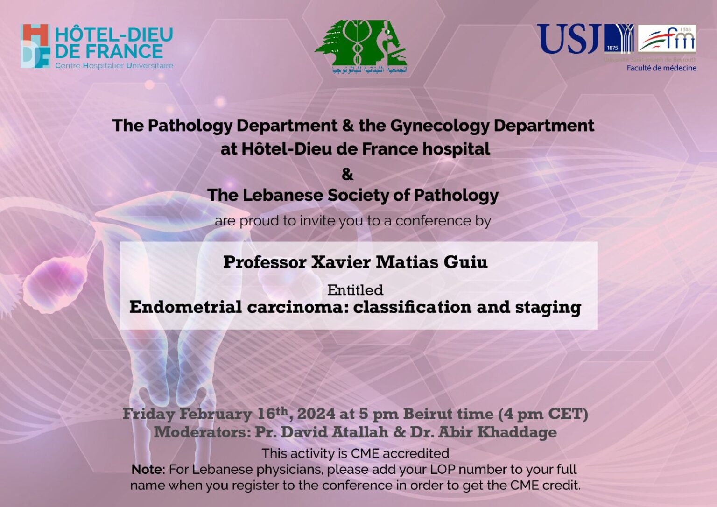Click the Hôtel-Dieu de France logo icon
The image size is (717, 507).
tap(35, 46)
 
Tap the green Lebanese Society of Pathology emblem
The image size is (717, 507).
tap(360, 42)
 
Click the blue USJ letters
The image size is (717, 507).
tap(568, 39)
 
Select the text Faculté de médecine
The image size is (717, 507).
tap(661, 68)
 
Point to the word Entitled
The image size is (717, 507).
tap(355, 290)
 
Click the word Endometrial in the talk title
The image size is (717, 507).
tap(185, 307)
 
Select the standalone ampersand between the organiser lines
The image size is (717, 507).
tap(347, 174)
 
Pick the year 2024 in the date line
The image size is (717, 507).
tap(316, 414)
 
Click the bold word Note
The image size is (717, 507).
tap(148, 469)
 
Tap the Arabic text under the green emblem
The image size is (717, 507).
tap(370, 70)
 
